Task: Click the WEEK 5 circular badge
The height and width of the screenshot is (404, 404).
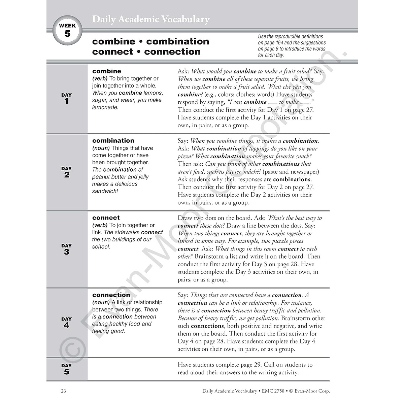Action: point(67,31)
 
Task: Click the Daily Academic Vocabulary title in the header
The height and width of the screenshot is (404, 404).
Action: point(151,20)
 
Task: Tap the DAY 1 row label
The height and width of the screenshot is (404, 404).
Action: point(67,99)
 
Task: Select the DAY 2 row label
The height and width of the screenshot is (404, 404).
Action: point(67,172)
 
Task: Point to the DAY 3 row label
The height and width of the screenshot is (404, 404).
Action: point(67,249)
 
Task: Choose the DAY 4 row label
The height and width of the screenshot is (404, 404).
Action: point(67,323)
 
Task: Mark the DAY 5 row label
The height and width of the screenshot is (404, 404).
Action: point(67,369)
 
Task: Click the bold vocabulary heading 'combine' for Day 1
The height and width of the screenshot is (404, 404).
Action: point(106,71)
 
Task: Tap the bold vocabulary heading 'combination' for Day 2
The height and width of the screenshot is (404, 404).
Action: point(113,141)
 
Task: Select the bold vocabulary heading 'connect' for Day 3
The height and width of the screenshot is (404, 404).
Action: point(106,218)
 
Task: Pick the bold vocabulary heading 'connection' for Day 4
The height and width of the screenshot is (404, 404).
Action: point(111,295)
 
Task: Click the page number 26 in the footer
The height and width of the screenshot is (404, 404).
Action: point(64,391)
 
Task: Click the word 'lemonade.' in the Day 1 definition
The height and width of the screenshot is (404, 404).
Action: point(105,107)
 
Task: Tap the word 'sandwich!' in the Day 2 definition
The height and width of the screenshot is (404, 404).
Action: point(105,191)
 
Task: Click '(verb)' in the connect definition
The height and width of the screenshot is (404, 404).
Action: point(100,225)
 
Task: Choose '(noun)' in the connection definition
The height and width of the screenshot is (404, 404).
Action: point(101,302)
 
